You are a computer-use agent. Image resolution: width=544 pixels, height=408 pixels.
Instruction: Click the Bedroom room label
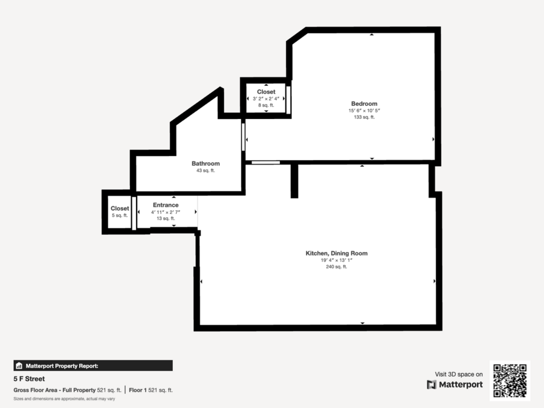click(364, 104)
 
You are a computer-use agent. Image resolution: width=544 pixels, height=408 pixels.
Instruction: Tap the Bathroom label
click(206, 163)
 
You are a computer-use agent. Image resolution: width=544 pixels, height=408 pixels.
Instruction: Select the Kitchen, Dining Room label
click(337, 253)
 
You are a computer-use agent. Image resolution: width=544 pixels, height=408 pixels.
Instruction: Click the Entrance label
click(166, 205)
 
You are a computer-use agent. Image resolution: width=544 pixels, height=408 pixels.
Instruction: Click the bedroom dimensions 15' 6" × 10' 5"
click(364, 111)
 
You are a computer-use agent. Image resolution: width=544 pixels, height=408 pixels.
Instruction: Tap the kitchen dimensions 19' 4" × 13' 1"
click(337, 260)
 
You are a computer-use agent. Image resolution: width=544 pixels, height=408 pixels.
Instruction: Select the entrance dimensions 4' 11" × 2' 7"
click(166, 212)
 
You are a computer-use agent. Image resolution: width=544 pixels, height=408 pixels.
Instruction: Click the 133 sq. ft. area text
click(364, 117)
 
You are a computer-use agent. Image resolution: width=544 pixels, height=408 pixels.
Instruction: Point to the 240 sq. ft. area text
click(337, 267)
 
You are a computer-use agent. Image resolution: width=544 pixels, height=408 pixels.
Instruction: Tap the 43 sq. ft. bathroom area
click(206, 170)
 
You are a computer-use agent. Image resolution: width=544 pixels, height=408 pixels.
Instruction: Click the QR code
click(510, 381)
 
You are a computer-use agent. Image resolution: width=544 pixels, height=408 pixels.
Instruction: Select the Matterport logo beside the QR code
click(455, 385)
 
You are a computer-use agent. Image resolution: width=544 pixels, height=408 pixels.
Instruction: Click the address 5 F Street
click(29, 379)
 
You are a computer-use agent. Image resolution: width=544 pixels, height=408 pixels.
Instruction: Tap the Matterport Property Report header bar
click(93, 366)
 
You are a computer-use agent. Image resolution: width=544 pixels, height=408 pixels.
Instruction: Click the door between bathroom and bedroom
click(243, 137)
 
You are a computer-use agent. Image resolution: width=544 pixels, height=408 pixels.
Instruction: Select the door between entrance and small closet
click(134, 213)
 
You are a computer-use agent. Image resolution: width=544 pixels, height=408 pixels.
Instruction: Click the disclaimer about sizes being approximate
click(64, 399)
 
